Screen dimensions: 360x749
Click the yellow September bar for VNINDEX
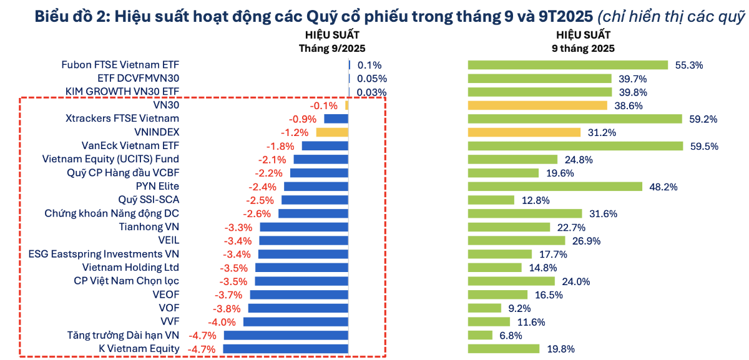coord(332,132)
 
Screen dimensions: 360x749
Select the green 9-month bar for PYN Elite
coord(555,187)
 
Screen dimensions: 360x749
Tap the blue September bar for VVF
coord(295,322)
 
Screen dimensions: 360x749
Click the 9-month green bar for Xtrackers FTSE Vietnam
coord(575,119)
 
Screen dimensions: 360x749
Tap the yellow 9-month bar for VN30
coord(537,105)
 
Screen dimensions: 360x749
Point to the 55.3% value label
coord(689,65)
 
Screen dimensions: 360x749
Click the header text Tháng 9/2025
coord(332,47)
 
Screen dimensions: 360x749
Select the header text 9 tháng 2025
coord(583,47)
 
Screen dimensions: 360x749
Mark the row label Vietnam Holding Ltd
coord(126,268)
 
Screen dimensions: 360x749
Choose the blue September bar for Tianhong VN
coord(304,227)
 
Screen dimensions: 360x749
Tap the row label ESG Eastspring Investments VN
coord(104,254)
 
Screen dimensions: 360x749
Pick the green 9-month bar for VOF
coord(484,308)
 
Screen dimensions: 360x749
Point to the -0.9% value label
coord(302,119)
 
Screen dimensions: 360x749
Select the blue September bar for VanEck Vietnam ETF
coord(325,146)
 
